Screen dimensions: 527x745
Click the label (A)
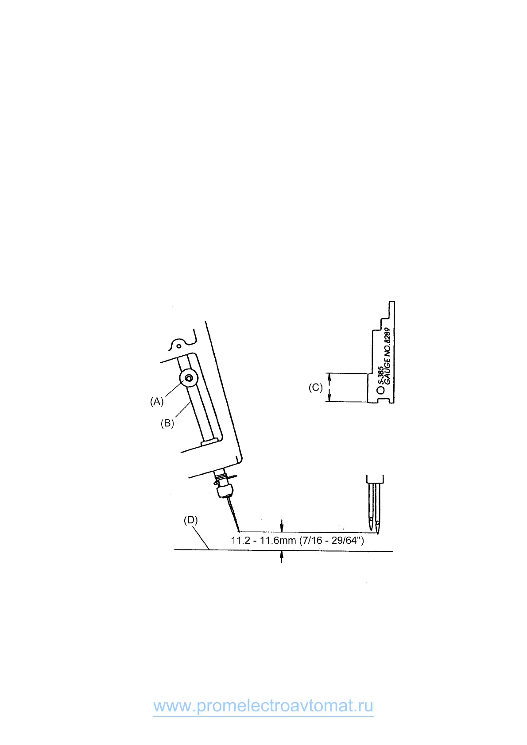point(157,401)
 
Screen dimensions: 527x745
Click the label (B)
point(167,423)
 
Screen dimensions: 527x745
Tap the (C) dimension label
point(315,388)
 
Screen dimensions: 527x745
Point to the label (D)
point(190,520)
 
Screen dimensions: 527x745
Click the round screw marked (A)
point(189,378)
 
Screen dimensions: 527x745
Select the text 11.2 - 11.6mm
point(263,541)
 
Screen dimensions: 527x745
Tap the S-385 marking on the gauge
point(380,376)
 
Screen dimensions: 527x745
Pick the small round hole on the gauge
point(380,391)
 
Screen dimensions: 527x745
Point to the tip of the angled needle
point(238,530)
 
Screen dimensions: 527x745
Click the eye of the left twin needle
point(371,518)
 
